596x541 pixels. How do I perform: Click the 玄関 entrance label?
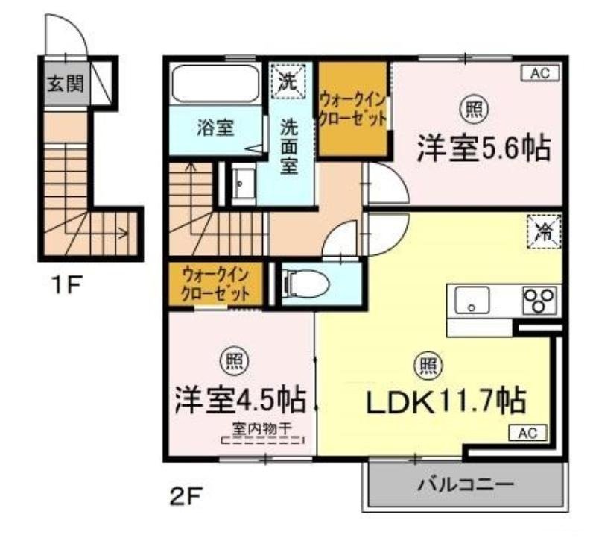[66, 83]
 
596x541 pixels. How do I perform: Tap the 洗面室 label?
[290, 146]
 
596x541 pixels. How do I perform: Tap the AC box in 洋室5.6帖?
[539, 73]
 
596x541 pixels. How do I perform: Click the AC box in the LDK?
[527, 432]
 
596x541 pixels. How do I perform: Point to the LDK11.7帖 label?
[446, 401]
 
